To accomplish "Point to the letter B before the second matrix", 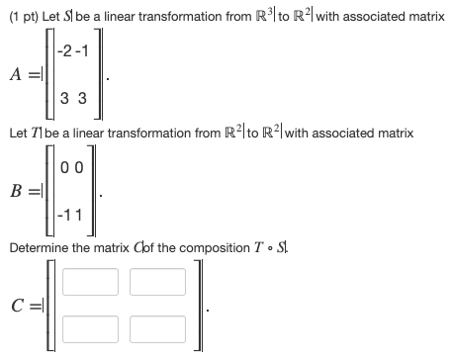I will click(x=17, y=188).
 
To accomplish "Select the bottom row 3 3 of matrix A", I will click(x=75, y=100).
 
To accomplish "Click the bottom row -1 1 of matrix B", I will click(x=76, y=213).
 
